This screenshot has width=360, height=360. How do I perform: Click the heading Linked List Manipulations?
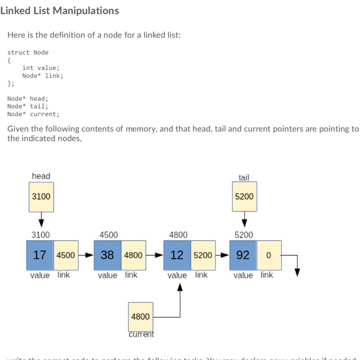[60, 11]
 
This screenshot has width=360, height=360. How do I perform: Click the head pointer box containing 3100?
[41, 196]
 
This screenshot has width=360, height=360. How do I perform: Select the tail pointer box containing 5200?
[244, 196]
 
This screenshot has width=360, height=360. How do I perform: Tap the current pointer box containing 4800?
[140, 317]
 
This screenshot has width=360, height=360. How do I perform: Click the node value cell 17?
[40, 255]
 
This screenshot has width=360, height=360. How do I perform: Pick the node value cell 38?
[107, 255]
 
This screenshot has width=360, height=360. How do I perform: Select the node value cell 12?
[177, 255]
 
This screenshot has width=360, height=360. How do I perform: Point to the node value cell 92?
[243, 255]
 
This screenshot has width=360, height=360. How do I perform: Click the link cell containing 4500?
[66, 255]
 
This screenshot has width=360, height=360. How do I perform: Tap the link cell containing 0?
[268, 255]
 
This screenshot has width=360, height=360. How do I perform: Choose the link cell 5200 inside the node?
[203, 255]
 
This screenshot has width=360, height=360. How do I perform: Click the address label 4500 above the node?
[109, 235]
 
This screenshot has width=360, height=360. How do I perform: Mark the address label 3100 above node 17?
[41, 235]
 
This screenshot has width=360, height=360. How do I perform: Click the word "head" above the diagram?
[41, 176]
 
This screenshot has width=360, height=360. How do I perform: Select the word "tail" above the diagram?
[244, 177]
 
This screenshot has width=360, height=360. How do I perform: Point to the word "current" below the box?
[141, 334]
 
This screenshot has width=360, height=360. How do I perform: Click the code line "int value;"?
[41, 68]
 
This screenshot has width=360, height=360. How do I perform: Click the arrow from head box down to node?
[41, 220]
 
